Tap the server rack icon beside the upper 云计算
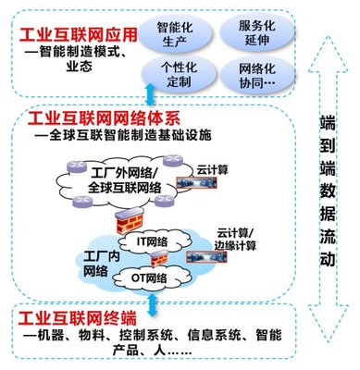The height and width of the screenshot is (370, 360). (x=217, y=184)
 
